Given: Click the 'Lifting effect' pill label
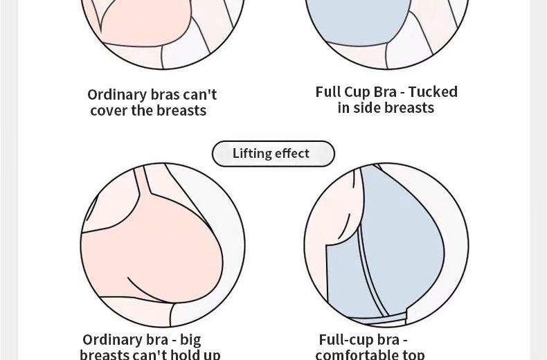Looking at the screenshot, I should click(x=273, y=154).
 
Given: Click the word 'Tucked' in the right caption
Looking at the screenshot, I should click(x=433, y=92).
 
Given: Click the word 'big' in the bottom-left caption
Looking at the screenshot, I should click(x=190, y=340).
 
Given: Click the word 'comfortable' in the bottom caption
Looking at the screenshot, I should click(x=357, y=354).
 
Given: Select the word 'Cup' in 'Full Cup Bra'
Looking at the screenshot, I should click(x=359, y=92).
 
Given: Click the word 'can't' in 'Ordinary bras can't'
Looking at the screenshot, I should click(x=200, y=95).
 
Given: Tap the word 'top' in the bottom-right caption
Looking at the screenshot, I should click(x=413, y=354).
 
